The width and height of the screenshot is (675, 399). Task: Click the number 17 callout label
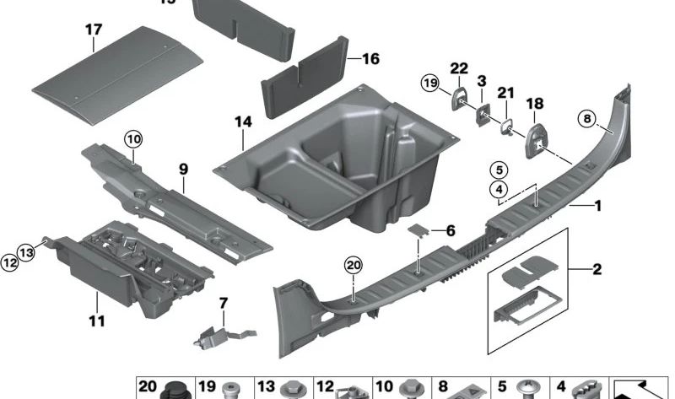click(x=93, y=31)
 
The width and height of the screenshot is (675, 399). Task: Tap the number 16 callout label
click(x=370, y=60)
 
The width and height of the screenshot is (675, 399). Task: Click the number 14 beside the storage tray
click(x=243, y=123)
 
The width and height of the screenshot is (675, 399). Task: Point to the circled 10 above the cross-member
click(x=134, y=137)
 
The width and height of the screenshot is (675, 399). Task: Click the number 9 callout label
click(x=182, y=169)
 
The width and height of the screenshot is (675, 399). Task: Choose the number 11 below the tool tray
click(x=97, y=321)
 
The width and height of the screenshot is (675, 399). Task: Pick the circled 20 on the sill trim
click(x=352, y=266)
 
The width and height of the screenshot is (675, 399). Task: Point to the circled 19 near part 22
click(x=429, y=84)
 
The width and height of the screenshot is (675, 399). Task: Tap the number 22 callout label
click(x=458, y=68)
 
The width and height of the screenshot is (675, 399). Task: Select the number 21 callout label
click(x=505, y=92)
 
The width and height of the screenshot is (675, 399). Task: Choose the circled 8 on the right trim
click(x=588, y=119)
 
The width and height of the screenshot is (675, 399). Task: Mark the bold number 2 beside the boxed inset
click(x=597, y=270)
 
